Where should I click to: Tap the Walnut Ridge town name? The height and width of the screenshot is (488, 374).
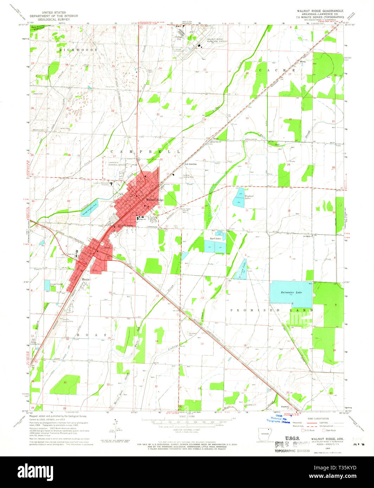pos(155,200)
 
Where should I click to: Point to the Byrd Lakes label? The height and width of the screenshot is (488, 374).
pos(215,238)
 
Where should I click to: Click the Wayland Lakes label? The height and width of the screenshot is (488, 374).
pos(249,197)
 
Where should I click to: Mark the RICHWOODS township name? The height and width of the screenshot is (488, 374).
pos(78,50)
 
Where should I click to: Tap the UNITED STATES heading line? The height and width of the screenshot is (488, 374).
pos(53,12)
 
